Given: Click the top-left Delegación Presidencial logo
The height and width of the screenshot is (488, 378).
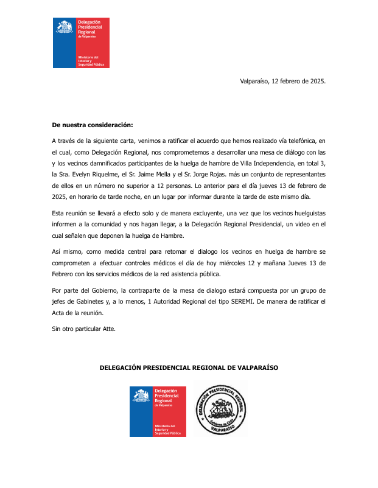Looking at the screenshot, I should [80, 43].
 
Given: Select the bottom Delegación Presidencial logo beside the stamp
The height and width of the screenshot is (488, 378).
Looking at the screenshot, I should [158, 411].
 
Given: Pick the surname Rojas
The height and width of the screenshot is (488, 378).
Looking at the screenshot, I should [227, 174].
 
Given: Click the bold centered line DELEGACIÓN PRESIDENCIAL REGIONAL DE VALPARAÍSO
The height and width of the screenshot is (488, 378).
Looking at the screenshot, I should [189, 368].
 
